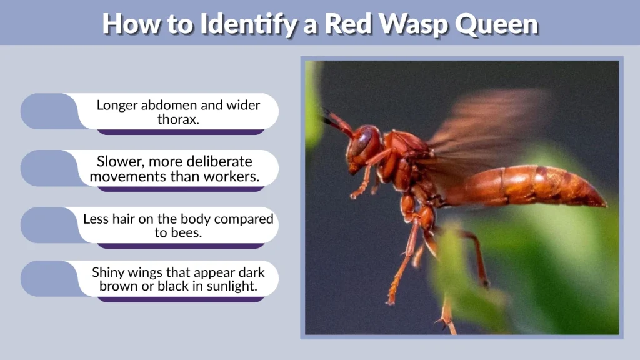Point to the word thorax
[x=178, y=119]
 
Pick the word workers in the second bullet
[x=234, y=176]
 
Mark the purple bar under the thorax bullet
[x=181, y=132]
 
